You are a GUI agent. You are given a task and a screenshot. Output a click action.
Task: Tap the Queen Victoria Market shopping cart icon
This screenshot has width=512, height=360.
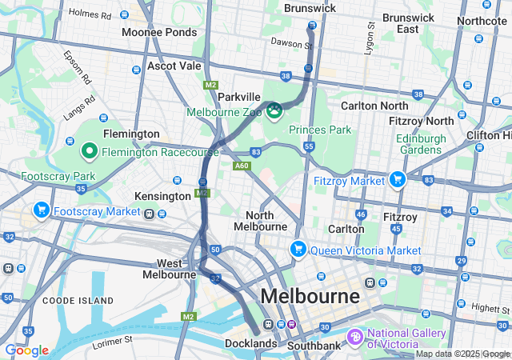(298, 250)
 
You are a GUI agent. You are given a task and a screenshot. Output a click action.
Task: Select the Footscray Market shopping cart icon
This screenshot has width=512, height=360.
(41, 210)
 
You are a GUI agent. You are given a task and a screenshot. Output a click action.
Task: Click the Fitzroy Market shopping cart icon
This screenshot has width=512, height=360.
(396, 180)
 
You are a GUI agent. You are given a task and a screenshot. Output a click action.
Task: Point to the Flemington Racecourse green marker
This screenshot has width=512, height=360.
(89, 150)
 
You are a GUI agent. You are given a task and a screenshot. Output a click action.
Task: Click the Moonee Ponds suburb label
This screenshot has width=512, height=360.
(158, 32)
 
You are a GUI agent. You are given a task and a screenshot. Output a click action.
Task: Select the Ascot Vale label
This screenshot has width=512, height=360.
(174, 66)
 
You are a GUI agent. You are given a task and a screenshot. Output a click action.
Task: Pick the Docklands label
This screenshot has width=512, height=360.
(250, 344)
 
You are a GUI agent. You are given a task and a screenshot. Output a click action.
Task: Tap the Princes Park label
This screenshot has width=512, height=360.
(321, 129)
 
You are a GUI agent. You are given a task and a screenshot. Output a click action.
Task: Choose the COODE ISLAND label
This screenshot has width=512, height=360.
(71, 300)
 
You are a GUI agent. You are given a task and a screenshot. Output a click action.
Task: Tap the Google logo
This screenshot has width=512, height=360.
(26, 350)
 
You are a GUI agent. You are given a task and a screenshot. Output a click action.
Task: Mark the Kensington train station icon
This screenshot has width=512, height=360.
(149, 214)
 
